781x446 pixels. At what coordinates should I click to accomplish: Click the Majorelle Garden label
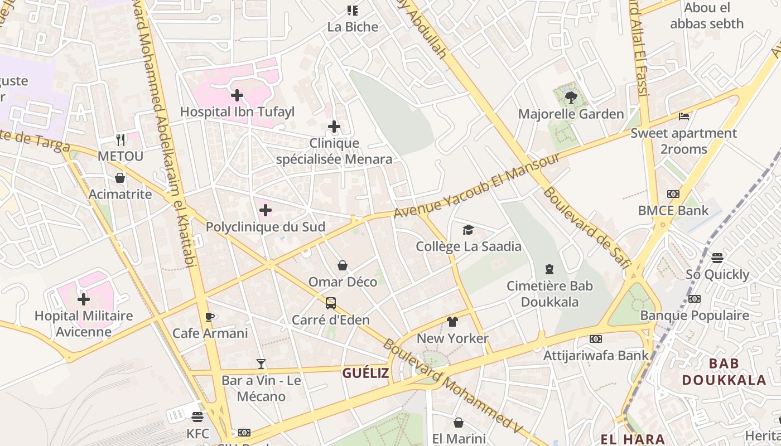click(x=571, y=114)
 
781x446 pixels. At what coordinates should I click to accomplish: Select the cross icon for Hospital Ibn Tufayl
click(x=237, y=95)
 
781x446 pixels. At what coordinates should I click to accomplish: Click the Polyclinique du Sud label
click(x=266, y=227)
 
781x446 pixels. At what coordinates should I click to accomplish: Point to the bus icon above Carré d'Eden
click(x=331, y=303)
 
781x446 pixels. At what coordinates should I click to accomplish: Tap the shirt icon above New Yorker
click(x=452, y=322)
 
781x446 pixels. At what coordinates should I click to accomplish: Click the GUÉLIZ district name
click(x=365, y=374)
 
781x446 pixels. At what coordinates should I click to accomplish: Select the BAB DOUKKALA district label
click(x=724, y=372)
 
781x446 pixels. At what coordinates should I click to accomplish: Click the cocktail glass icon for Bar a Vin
click(x=261, y=364)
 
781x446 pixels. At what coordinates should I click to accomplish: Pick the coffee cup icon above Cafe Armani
click(x=210, y=317)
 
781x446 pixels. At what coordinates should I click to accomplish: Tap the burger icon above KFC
click(x=197, y=416)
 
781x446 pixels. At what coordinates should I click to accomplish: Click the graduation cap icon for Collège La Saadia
click(x=468, y=230)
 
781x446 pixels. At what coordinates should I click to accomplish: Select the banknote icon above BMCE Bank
click(x=673, y=194)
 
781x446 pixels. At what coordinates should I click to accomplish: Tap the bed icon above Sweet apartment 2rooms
click(x=684, y=117)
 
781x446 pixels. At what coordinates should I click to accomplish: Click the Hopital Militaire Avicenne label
click(x=84, y=324)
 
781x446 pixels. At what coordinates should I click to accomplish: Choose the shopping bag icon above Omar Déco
click(x=343, y=265)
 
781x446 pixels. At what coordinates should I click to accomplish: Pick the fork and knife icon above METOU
click(x=120, y=139)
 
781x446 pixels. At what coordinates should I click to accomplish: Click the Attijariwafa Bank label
click(x=596, y=355)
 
